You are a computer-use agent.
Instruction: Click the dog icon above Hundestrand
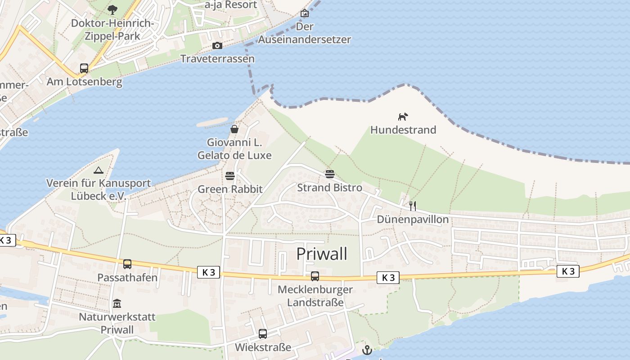pos(403,117)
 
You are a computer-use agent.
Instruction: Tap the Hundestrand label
pos(403,130)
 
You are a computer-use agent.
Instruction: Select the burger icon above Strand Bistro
pos(330,174)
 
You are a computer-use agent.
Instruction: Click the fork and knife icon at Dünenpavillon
pos(413,206)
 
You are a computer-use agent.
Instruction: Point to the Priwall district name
pos(322,254)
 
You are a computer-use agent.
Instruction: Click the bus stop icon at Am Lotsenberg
pos(84,68)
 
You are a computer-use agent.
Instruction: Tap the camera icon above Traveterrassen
pos(217,46)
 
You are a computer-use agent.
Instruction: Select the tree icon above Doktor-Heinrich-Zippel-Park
pos(112,9)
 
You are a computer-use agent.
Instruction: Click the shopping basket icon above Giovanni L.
pos(234,130)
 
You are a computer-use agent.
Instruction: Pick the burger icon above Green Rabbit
pos(230,175)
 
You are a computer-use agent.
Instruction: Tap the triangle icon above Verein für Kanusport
pos(99,170)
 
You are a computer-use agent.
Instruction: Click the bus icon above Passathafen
pos(127,264)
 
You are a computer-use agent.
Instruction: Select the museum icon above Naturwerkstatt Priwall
pos(117,304)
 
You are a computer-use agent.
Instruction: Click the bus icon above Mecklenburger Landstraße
pos(315,276)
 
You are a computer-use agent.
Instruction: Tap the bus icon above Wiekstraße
pos(263,334)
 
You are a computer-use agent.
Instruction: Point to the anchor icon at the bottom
pos(367,350)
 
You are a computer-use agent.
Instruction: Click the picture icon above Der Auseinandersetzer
pos(305,13)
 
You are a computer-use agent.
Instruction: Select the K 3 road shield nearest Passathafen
pos(209,272)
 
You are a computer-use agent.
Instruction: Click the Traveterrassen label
pos(217,59)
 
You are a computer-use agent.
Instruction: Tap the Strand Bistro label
pos(329,188)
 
